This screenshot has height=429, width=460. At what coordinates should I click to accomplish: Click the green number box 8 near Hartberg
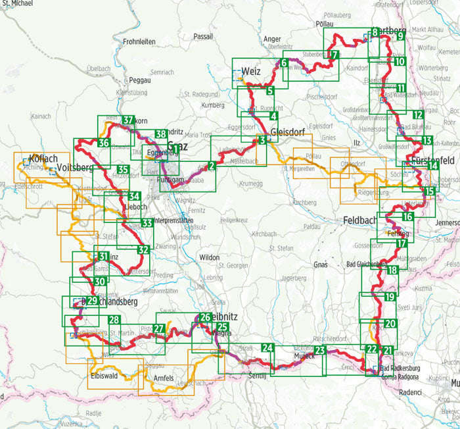click(375, 32)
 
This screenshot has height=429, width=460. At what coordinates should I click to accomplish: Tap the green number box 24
click(267, 348)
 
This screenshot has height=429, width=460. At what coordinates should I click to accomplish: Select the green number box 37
click(129, 120)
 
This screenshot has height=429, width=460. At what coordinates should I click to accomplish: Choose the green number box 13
click(426, 140)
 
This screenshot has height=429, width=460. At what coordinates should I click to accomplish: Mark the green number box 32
click(144, 250)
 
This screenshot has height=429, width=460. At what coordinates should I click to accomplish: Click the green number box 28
click(114, 320)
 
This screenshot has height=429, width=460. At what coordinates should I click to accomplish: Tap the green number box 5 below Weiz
click(269, 91)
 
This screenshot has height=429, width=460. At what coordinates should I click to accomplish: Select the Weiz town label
click(252, 70)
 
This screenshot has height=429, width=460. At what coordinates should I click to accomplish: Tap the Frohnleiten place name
click(139, 41)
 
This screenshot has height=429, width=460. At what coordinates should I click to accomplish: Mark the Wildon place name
click(209, 258)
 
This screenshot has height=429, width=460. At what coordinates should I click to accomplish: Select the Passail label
click(204, 37)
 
